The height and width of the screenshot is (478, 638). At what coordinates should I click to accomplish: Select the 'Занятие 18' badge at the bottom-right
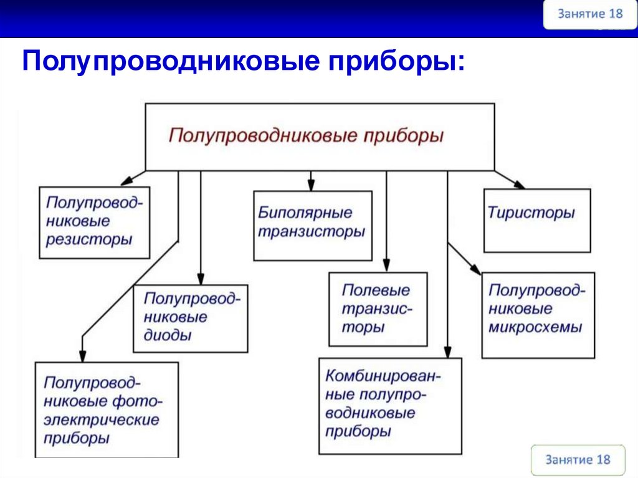click(578, 460)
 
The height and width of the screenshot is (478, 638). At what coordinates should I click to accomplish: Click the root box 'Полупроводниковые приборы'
click(320, 136)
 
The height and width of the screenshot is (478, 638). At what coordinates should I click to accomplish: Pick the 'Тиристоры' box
click(536, 221)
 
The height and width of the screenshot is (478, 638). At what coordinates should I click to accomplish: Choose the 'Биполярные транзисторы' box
click(312, 225)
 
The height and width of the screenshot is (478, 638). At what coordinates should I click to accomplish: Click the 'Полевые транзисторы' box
click(378, 308)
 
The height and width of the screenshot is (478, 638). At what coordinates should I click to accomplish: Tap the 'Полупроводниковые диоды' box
click(190, 318)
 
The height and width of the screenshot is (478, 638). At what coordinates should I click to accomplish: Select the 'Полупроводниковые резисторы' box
click(94, 222)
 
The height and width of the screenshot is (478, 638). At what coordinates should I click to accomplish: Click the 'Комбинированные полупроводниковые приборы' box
click(390, 405)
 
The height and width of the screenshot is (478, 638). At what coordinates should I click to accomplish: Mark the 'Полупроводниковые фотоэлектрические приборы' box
click(107, 410)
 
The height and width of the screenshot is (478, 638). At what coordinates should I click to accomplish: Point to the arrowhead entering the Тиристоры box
click(519, 184)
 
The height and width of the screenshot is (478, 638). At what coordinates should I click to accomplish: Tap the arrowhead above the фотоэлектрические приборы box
click(82, 356)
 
